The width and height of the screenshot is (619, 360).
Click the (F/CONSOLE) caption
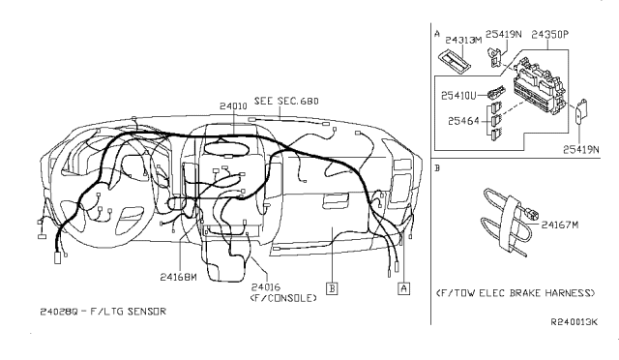(284, 298)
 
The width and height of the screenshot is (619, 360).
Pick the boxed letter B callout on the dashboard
(332, 287)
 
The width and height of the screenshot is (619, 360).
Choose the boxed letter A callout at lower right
(402, 287)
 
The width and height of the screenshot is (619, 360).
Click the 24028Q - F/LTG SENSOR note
(104, 311)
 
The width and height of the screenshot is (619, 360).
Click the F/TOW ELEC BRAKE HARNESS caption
(515, 291)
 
